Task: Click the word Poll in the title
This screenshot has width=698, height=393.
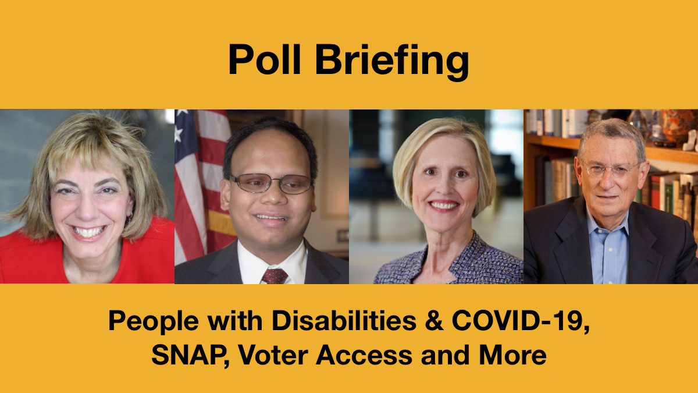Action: (x=265, y=59)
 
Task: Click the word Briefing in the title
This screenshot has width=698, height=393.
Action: (x=392, y=62)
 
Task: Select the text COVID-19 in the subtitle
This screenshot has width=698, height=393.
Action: (x=521, y=321)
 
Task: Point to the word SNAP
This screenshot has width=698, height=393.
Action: (x=190, y=355)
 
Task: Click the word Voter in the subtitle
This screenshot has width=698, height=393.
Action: (x=273, y=355)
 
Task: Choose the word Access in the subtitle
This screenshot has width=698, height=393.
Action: (x=364, y=355)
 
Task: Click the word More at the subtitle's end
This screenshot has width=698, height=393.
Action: (x=512, y=355)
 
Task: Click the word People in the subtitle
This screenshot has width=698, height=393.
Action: (x=154, y=322)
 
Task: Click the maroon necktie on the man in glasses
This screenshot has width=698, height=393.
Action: (x=274, y=276)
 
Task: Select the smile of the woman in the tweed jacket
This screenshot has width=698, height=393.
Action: (x=444, y=205)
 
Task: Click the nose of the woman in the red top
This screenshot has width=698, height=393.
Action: (x=88, y=209)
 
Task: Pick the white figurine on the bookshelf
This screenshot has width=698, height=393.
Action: (x=690, y=140)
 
